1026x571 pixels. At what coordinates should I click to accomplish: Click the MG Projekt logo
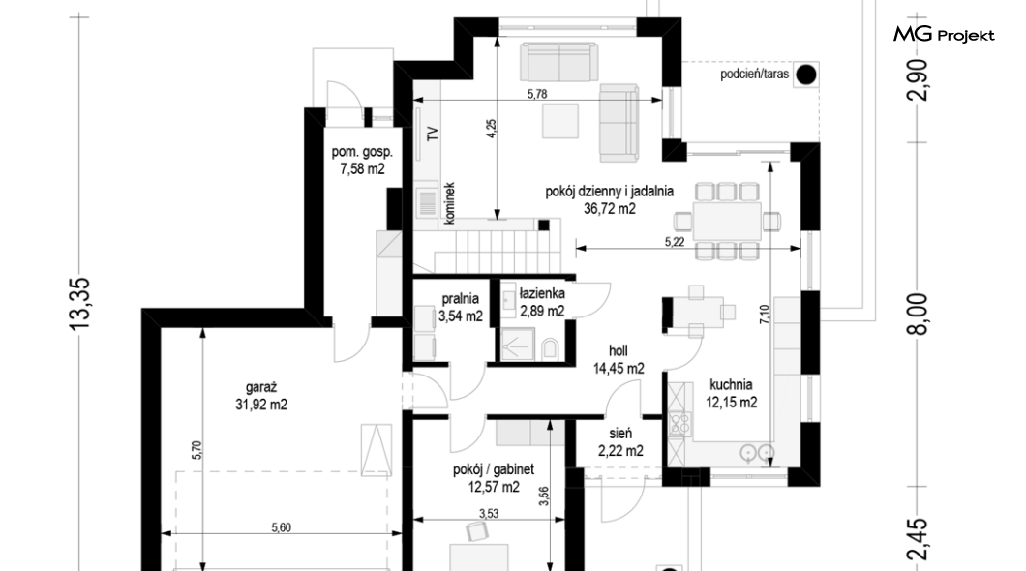(944, 34)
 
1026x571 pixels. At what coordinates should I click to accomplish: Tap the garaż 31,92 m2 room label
(261, 397)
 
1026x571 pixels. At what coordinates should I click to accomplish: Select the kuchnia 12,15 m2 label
(731, 394)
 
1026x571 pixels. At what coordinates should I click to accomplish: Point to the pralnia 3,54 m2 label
(460, 308)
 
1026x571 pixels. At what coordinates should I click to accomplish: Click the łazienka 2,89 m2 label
(542, 302)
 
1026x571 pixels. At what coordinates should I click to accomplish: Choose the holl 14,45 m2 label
(619, 360)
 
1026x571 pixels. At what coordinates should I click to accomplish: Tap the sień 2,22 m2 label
(620, 442)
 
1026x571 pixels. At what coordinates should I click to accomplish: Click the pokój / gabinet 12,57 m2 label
(494, 478)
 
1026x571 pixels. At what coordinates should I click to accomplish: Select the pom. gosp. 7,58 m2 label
(362, 161)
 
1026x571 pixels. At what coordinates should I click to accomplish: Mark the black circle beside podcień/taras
(805, 75)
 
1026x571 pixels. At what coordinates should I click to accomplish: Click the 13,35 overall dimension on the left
(80, 303)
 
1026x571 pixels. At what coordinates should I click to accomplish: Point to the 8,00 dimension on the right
(918, 314)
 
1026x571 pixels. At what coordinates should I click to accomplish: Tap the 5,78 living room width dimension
(536, 94)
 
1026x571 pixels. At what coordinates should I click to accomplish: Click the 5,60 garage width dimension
(281, 527)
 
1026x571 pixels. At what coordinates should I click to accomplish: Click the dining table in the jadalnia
(726, 221)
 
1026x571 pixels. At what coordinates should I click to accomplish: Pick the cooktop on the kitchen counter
(679, 425)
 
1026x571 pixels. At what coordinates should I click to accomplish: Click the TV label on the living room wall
(432, 135)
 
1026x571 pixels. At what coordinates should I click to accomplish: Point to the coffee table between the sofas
(560, 120)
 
